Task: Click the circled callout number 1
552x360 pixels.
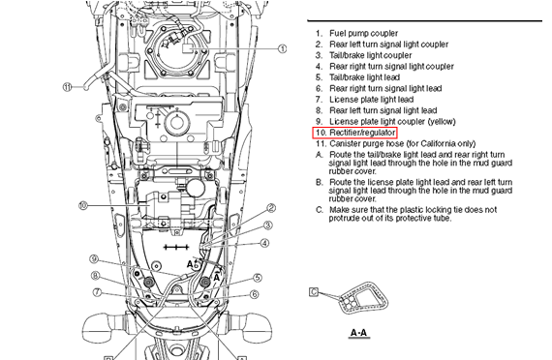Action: point(283,48)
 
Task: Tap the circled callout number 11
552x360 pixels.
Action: point(68,87)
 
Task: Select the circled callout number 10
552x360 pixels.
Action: point(83,205)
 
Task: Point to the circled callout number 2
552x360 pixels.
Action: point(271,208)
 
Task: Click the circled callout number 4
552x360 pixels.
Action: point(264,243)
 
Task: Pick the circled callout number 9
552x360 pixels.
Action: point(94,259)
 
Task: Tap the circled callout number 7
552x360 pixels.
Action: point(98,292)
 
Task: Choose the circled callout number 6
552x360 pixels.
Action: point(254,294)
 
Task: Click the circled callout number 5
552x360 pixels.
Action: point(258,278)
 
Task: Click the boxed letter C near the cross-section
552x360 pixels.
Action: point(314,291)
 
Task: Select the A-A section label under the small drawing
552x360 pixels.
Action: point(358,333)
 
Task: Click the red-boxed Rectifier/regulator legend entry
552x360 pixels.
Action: point(354,133)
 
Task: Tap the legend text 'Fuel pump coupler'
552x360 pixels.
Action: point(364,34)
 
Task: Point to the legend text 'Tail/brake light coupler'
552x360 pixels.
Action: point(371,55)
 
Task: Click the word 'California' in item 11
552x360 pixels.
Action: point(439,143)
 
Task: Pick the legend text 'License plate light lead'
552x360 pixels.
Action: point(372,100)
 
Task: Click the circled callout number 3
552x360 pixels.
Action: point(268,225)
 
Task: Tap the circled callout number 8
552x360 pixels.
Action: point(96,276)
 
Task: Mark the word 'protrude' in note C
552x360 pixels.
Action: point(343,219)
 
